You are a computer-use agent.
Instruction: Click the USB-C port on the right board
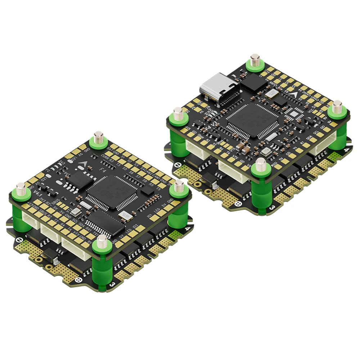pos(219,86)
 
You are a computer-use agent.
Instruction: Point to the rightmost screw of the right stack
pos(337,106)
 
